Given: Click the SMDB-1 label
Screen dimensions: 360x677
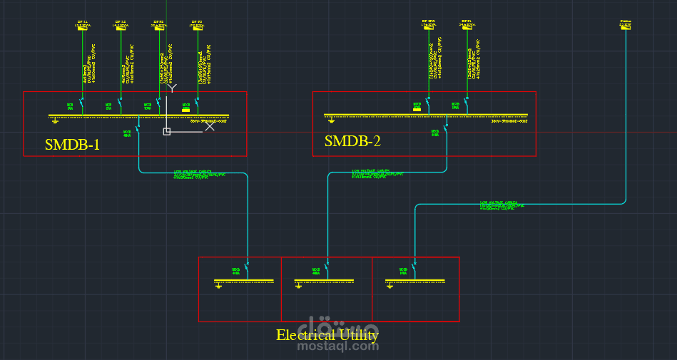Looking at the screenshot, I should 72,145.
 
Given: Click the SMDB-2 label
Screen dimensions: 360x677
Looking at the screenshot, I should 352,141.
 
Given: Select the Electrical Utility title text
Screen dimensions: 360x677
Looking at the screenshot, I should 327,335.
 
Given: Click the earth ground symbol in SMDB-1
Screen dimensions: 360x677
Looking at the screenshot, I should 55,121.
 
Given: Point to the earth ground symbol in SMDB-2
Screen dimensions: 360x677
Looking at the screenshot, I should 330,121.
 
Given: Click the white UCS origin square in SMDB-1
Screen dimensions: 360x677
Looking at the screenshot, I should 167,131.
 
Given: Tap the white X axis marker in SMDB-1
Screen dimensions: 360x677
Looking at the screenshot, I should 210,127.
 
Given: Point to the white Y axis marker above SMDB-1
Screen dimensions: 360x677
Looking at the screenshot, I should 171,87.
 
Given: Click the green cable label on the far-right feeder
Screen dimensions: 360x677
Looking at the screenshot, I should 507,205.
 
